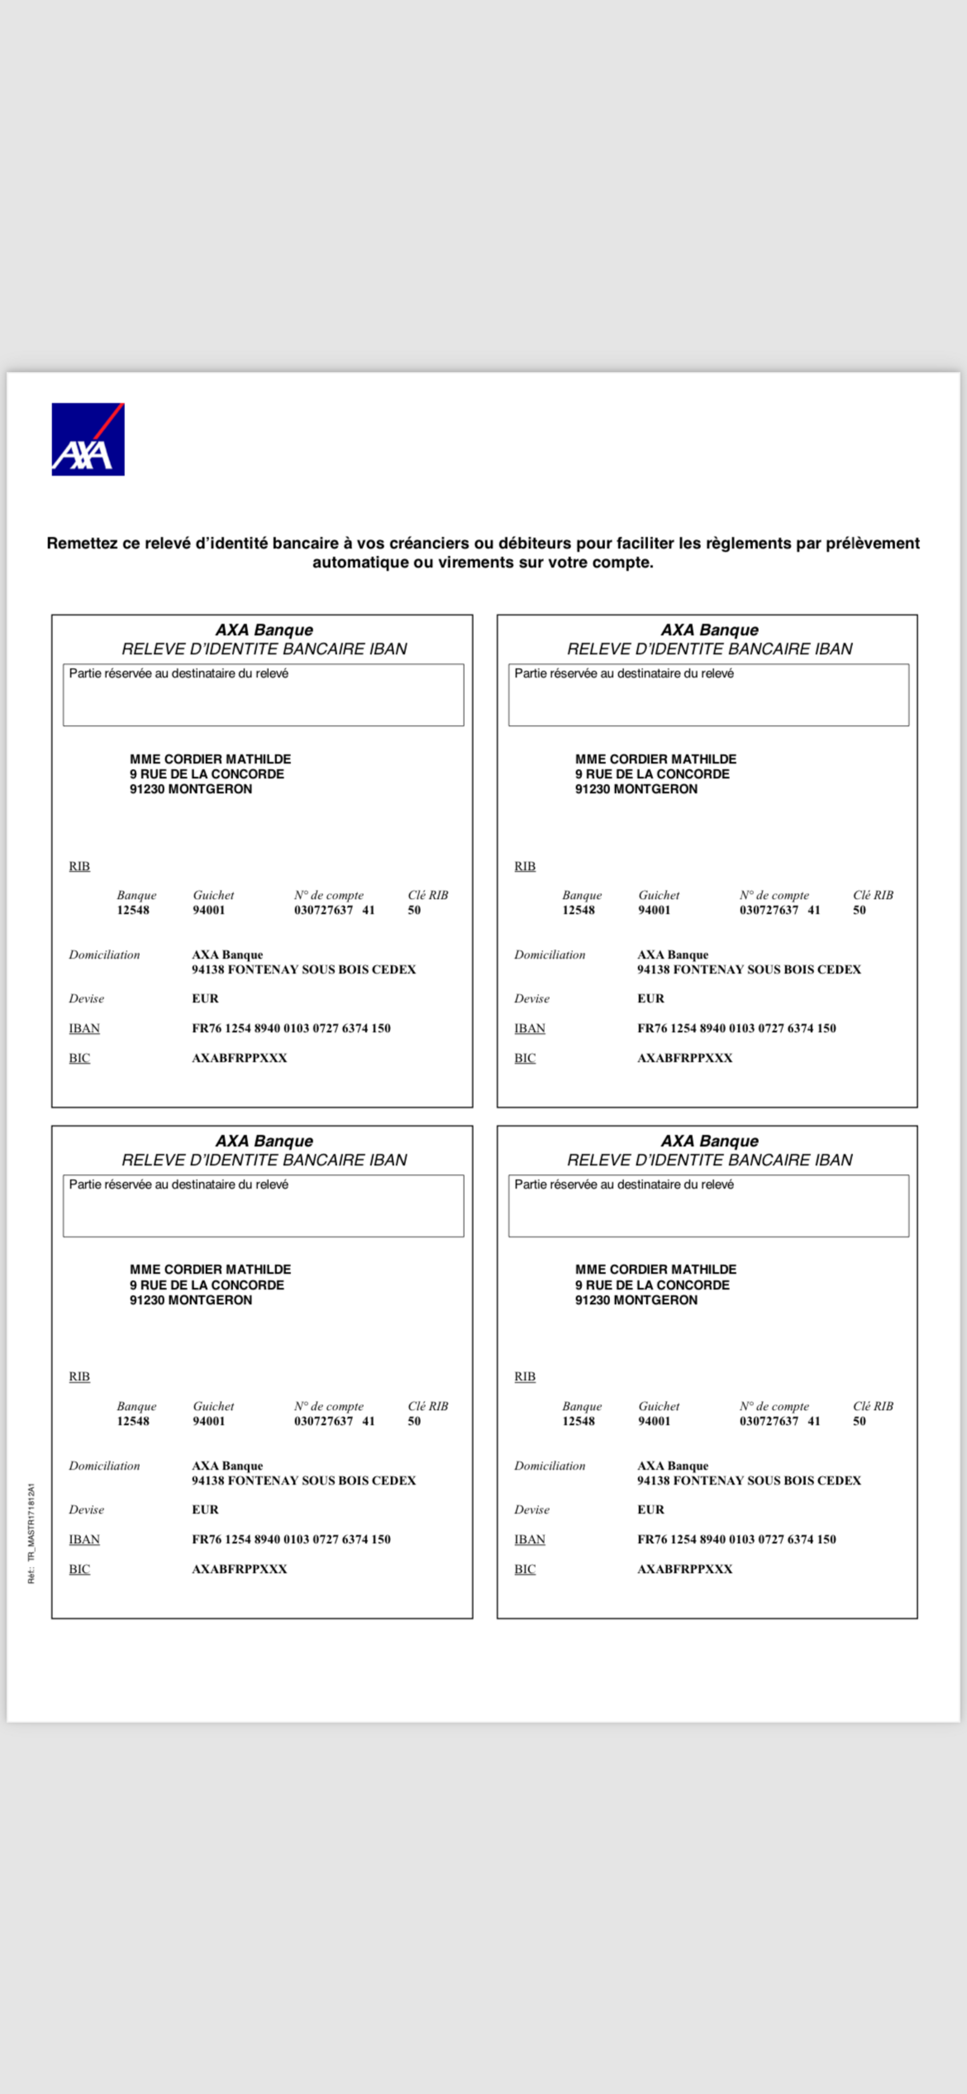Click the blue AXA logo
pos(88,439)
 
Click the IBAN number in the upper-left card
pos(291,1028)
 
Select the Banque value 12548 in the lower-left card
pos(132,1421)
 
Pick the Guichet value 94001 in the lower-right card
pos(654,1421)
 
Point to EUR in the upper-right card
pos(650,998)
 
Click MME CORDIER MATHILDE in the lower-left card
pos(210,1270)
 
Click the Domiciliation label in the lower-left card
pos(104,1466)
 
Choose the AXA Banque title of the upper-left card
pos(264,630)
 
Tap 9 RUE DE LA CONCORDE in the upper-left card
pos(206,774)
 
